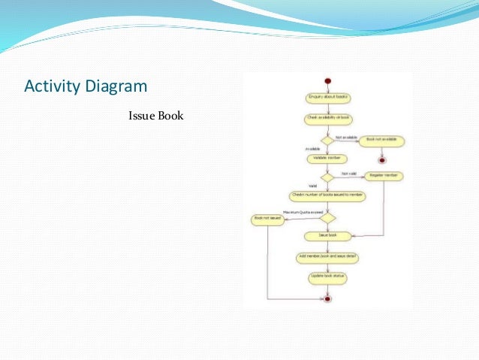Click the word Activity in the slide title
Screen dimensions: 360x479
tap(50, 86)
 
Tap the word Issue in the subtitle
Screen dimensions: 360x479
tap(140, 116)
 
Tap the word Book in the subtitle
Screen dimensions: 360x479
tap(170, 116)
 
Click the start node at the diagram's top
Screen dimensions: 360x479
tap(327, 80)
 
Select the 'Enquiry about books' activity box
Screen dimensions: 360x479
tap(327, 98)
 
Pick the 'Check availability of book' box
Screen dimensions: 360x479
tap(327, 119)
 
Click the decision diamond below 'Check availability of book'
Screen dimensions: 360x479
tap(327, 140)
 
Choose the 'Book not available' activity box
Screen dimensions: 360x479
tap(381, 141)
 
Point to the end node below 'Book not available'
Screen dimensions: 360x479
tap(381, 159)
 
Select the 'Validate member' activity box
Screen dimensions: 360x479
tap(327, 159)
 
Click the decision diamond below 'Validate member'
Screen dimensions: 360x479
tap(327, 177)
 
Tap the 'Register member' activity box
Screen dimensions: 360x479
tap(383, 177)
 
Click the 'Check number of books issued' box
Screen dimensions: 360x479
tap(327, 195)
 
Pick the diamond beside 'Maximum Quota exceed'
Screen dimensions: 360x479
tap(327, 217)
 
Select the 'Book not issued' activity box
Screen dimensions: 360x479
tap(267, 219)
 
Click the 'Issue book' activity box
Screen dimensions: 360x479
tap(327, 236)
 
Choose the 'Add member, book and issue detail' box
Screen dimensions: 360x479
tap(327, 257)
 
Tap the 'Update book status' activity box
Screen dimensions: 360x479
tap(327, 277)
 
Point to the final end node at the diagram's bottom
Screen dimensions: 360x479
tap(327, 298)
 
